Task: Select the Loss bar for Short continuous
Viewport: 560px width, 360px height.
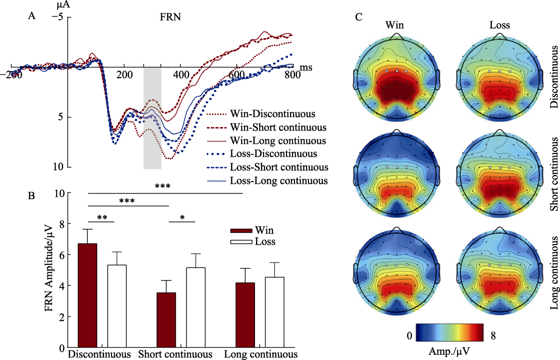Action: pyautogui.click(x=195, y=307)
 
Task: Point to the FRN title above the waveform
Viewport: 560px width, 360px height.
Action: pyautogui.click(x=170, y=17)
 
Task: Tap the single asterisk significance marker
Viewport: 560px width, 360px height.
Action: pyautogui.click(x=182, y=218)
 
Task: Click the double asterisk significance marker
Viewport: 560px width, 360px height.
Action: pyautogui.click(x=102, y=218)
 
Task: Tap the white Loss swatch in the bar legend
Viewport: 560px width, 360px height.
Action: pyautogui.click(x=243, y=242)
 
